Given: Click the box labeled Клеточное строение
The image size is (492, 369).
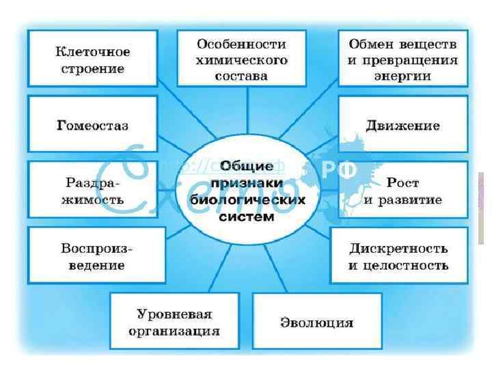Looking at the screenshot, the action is point(92,60).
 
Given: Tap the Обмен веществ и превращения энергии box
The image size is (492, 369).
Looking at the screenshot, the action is point(402,60).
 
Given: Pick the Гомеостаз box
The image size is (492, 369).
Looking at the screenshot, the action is point(92,126).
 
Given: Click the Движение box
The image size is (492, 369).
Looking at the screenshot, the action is point(402,126).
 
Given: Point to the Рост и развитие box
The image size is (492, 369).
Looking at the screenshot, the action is point(402,191).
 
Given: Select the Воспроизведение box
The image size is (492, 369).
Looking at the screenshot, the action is point(96,256).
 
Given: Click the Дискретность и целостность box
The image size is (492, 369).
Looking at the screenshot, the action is point(398,256).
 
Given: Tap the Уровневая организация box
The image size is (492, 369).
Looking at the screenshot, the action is point(174,322).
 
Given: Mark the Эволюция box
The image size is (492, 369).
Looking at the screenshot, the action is point(317,322).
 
